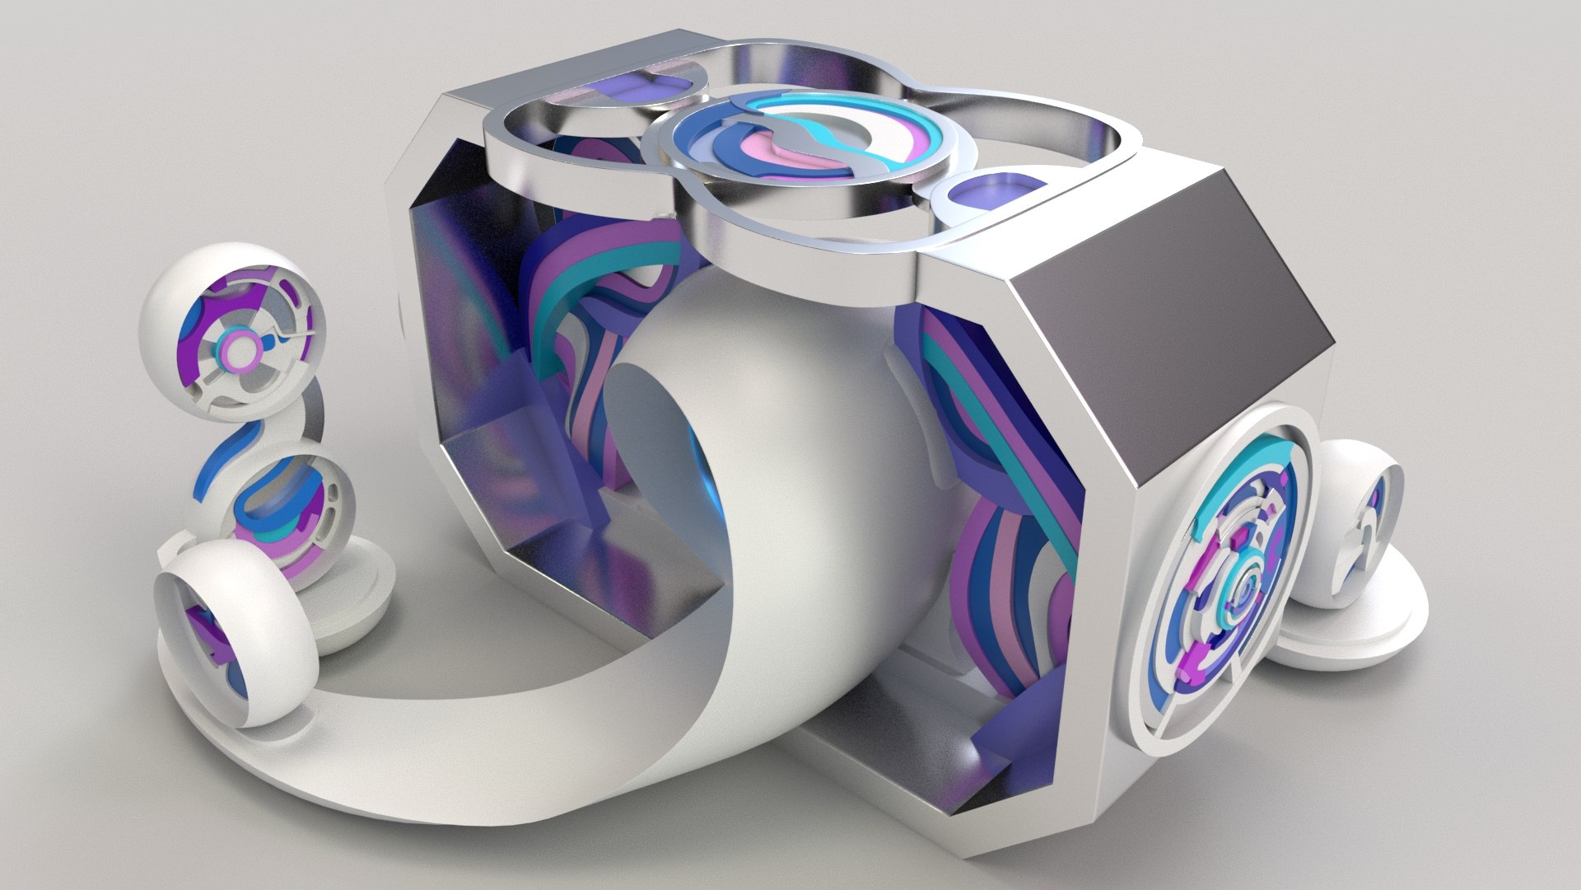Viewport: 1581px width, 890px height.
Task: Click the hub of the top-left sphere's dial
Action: pos(240,349)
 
